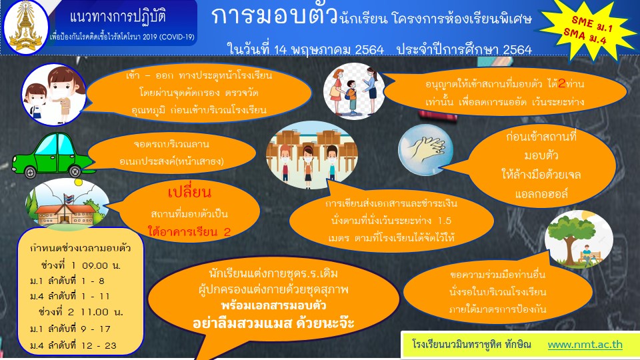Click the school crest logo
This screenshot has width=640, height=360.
tap(25, 27)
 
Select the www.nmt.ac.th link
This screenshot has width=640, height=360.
tap(585, 345)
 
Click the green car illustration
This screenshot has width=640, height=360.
tap(52, 155)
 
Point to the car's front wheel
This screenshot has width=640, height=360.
tap(31, 172)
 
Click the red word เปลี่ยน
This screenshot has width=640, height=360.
tap(189, 192)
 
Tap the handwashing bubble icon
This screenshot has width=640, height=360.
tap(426, 150)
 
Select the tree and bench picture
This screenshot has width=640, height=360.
tap(579, 239)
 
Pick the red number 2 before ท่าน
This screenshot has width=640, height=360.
tap(562, 84)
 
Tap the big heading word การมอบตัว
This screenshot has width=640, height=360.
tap(274, 16)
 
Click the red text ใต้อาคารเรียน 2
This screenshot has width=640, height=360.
tap(189, 232)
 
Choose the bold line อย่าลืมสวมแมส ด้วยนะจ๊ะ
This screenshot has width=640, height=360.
tap(273, 323)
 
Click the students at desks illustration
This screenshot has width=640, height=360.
tap(312, 155)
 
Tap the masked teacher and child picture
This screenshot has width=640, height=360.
tap(54, 94)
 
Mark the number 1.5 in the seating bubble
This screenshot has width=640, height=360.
tap(444, 221)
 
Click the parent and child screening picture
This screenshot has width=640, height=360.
tap(354, 91)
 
